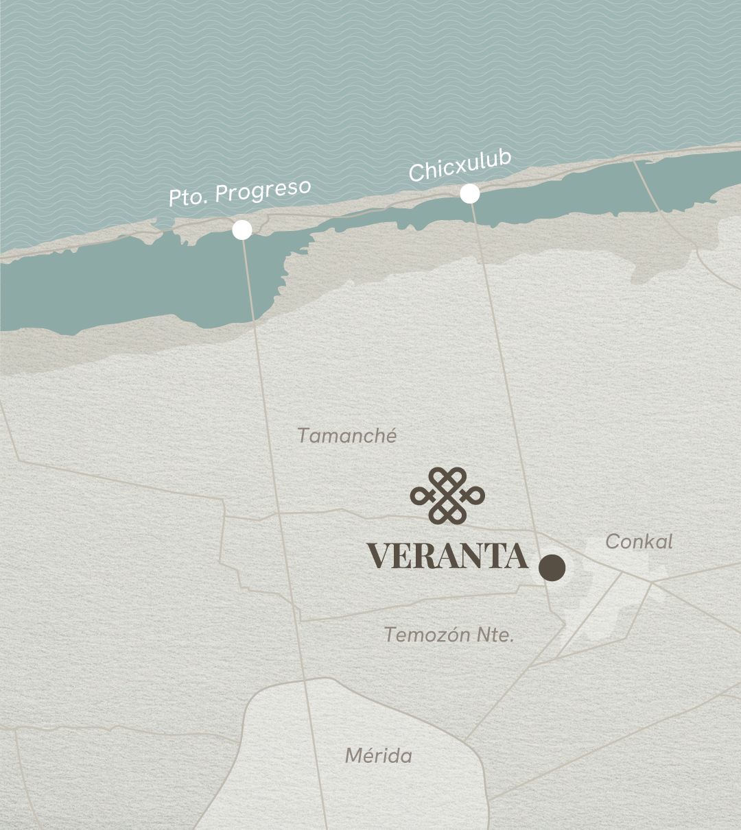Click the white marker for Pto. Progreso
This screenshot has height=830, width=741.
(x=242, y=230)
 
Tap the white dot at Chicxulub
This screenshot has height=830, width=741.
(x=469, y=194)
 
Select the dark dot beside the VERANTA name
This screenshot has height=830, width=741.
(x=552, y=568)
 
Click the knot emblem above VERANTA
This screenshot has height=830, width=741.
(x=447, y=495)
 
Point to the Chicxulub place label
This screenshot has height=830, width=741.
(x=460, y=166)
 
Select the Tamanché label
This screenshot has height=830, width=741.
(x=347, y=436)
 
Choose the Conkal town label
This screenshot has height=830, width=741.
(x=639, y=542)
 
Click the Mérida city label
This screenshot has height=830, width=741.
(x=378, y=756)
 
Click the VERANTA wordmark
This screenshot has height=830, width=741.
(x=447, y=556)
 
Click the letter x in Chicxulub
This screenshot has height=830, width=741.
(x=459, y=166)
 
